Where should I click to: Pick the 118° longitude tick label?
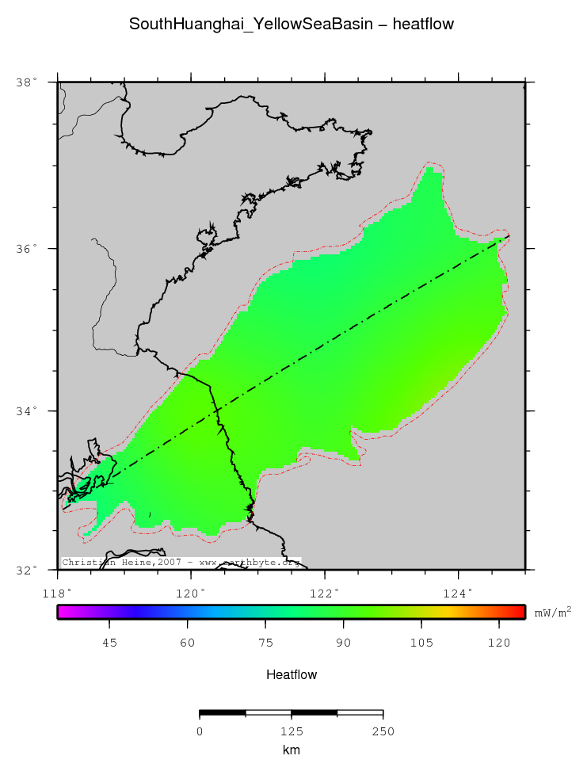(58, 592)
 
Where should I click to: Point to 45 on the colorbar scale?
(109, 643)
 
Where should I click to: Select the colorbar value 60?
(187, 643)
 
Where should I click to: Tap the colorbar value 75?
(265, 643)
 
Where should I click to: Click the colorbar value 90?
(343, 643)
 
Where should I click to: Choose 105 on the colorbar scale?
(421, 643)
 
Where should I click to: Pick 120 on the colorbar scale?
(498, 643)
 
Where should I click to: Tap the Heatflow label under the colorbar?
(292, 675)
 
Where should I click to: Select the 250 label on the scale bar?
(383, 731)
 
